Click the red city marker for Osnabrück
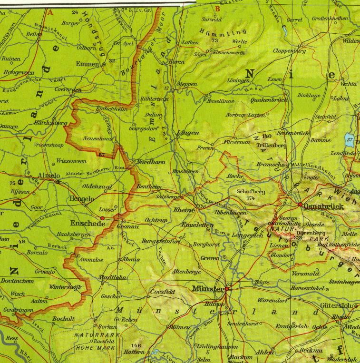point(300,205)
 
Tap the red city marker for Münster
point(227,288)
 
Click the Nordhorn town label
point(151,162)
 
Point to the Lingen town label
point(187,133)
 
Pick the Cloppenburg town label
point(289,50)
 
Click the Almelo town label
point(48,175)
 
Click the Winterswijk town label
point(65,287)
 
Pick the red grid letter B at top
point(217,8)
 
